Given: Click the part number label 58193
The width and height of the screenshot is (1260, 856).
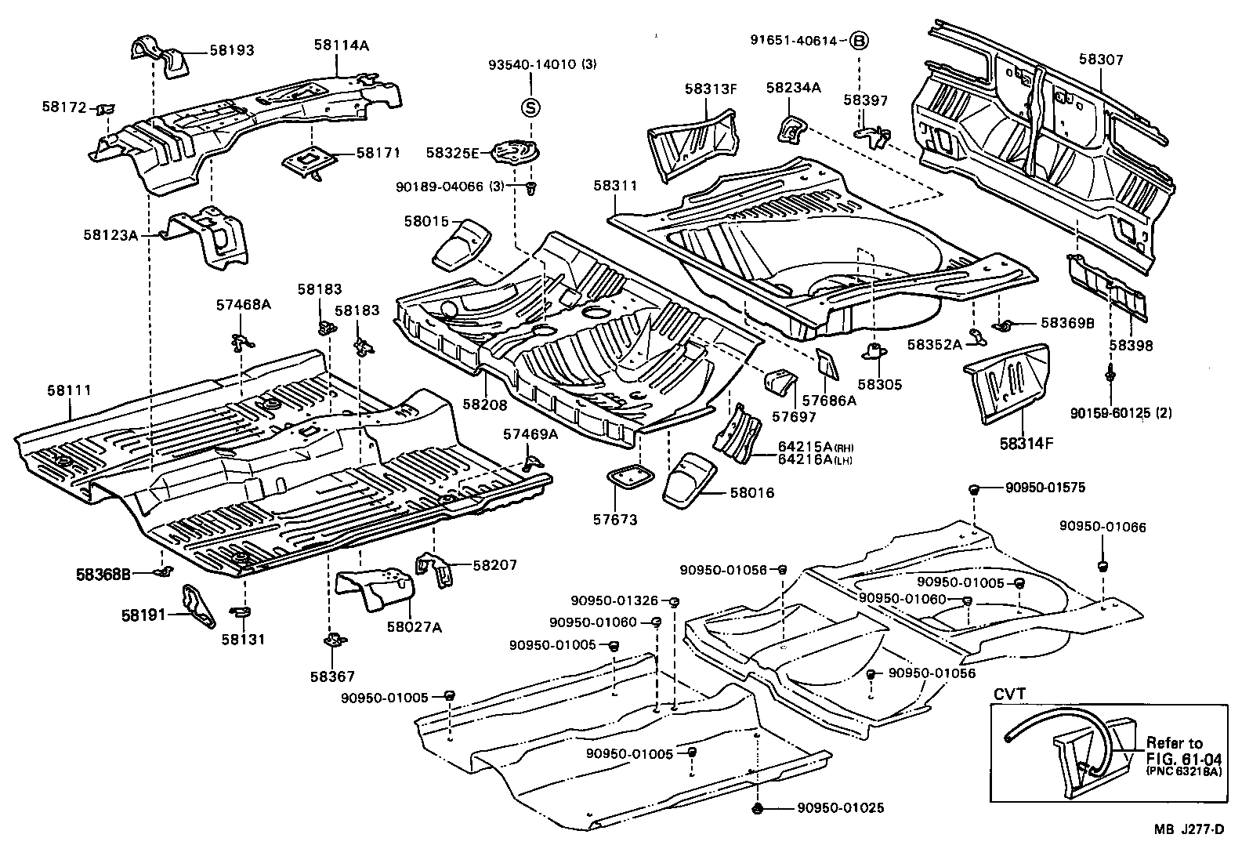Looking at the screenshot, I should point(231,49).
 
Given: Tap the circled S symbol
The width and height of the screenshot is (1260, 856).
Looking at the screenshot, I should point(530,108).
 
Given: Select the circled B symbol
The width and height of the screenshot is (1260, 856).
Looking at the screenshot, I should point(859,41).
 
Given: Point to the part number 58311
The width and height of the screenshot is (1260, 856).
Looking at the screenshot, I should point(615,186).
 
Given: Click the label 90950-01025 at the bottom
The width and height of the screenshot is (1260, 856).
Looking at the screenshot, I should point(840,807).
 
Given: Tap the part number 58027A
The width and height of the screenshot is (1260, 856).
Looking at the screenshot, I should point(414,626).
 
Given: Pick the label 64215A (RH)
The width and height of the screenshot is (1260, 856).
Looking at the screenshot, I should point(813,446).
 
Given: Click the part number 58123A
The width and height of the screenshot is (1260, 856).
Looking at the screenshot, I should point(110,234).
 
